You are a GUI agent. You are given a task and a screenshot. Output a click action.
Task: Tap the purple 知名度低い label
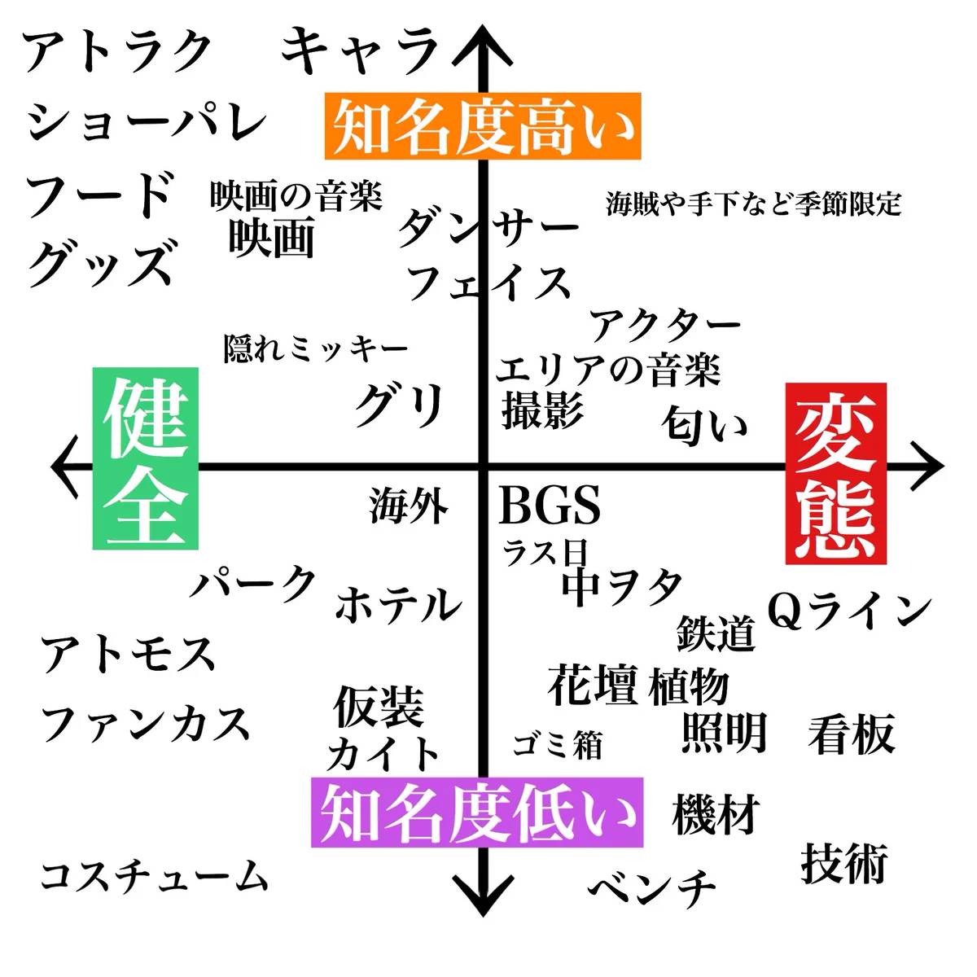[x=477, y=813]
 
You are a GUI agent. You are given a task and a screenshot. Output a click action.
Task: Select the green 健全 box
[x=146, y=458]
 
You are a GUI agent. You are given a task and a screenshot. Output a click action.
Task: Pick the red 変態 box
[x=835, y=473]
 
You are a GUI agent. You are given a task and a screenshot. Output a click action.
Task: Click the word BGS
[x=550, y=506]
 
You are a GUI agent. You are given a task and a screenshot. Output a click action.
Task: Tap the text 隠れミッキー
[x=316, y=348]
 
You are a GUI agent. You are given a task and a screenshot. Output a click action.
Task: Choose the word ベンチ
[x=652, y=887]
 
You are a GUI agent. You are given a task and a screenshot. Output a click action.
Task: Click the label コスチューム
[x=154, y=876]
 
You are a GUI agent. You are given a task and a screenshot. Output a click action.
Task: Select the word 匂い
[x=704, y=424]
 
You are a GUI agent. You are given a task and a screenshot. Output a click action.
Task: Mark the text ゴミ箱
[x=558, y=744]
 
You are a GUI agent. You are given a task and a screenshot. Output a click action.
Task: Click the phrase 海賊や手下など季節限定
[x=753, y=204]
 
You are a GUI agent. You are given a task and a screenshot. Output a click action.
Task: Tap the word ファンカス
[x=145, y=723]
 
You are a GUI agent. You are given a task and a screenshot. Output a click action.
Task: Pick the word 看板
[x=852, y=734]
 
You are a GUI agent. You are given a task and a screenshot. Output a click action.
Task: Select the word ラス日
[x=544, y=553]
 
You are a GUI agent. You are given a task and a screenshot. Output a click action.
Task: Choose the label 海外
[x=409, y=506]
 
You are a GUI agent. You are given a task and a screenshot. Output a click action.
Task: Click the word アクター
[x=665, y=326]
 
